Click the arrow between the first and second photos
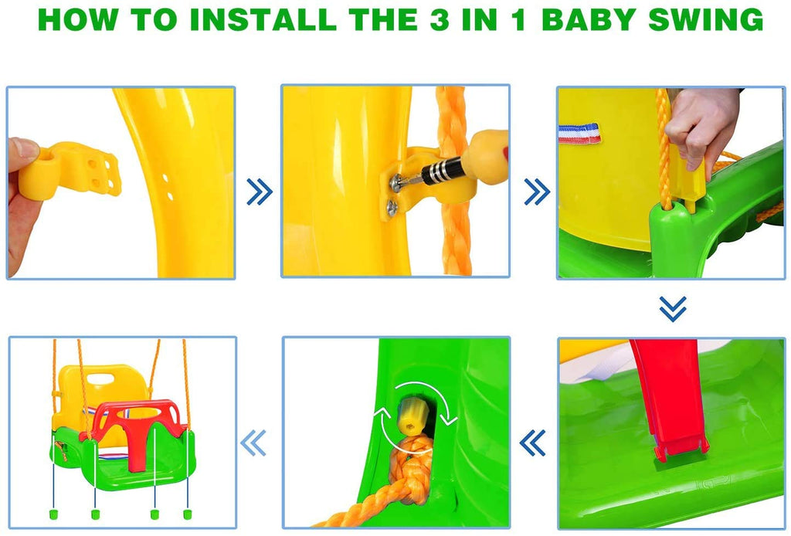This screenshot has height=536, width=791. coord(259,192)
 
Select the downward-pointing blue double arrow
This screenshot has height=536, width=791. coord(672,308)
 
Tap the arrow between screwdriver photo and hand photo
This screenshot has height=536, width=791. coord(536,192)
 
